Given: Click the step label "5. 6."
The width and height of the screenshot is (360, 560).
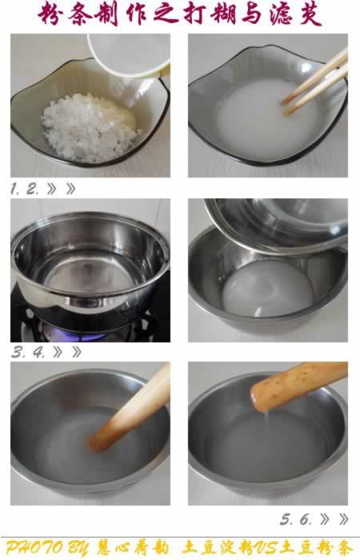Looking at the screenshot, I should tap(297, 518).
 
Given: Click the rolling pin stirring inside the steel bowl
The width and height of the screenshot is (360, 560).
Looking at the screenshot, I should tap(132, 408).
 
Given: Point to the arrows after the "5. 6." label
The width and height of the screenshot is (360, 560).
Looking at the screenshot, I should tap(336, 518).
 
